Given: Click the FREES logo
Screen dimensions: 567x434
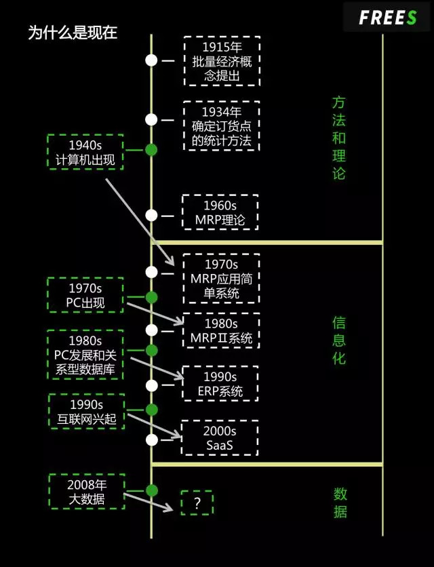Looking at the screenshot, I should click(387, 18).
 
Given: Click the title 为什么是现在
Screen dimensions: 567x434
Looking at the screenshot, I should click(73, 33).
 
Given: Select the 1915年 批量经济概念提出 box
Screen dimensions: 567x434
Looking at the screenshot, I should click(222, 61).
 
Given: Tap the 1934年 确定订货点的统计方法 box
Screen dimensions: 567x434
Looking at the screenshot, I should click(222, 126).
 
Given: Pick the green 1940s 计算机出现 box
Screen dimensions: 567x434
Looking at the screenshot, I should click(85, 153).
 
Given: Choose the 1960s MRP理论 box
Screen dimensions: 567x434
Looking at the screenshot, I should click(220, 213).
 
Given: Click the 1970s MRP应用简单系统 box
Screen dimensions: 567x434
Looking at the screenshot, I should click(221, 279).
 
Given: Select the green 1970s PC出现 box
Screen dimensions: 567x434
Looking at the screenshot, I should click(85, 295).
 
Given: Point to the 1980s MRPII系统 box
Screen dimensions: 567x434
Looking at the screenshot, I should click(221, 330).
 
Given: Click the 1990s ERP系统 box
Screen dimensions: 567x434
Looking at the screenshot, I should click(220, 384).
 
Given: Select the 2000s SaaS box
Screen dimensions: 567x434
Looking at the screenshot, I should click(220, 437).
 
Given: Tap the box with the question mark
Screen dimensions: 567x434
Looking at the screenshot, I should click(197, 503).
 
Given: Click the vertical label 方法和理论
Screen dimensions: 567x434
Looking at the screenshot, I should click(339, 138).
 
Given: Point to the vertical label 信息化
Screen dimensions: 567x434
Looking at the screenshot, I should click(339, 340).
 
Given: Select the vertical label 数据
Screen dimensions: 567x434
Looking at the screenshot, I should click(340, 502).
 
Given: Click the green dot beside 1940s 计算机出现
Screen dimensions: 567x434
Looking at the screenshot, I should click(151, 150).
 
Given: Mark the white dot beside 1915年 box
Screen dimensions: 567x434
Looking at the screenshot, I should click(151, 60).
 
